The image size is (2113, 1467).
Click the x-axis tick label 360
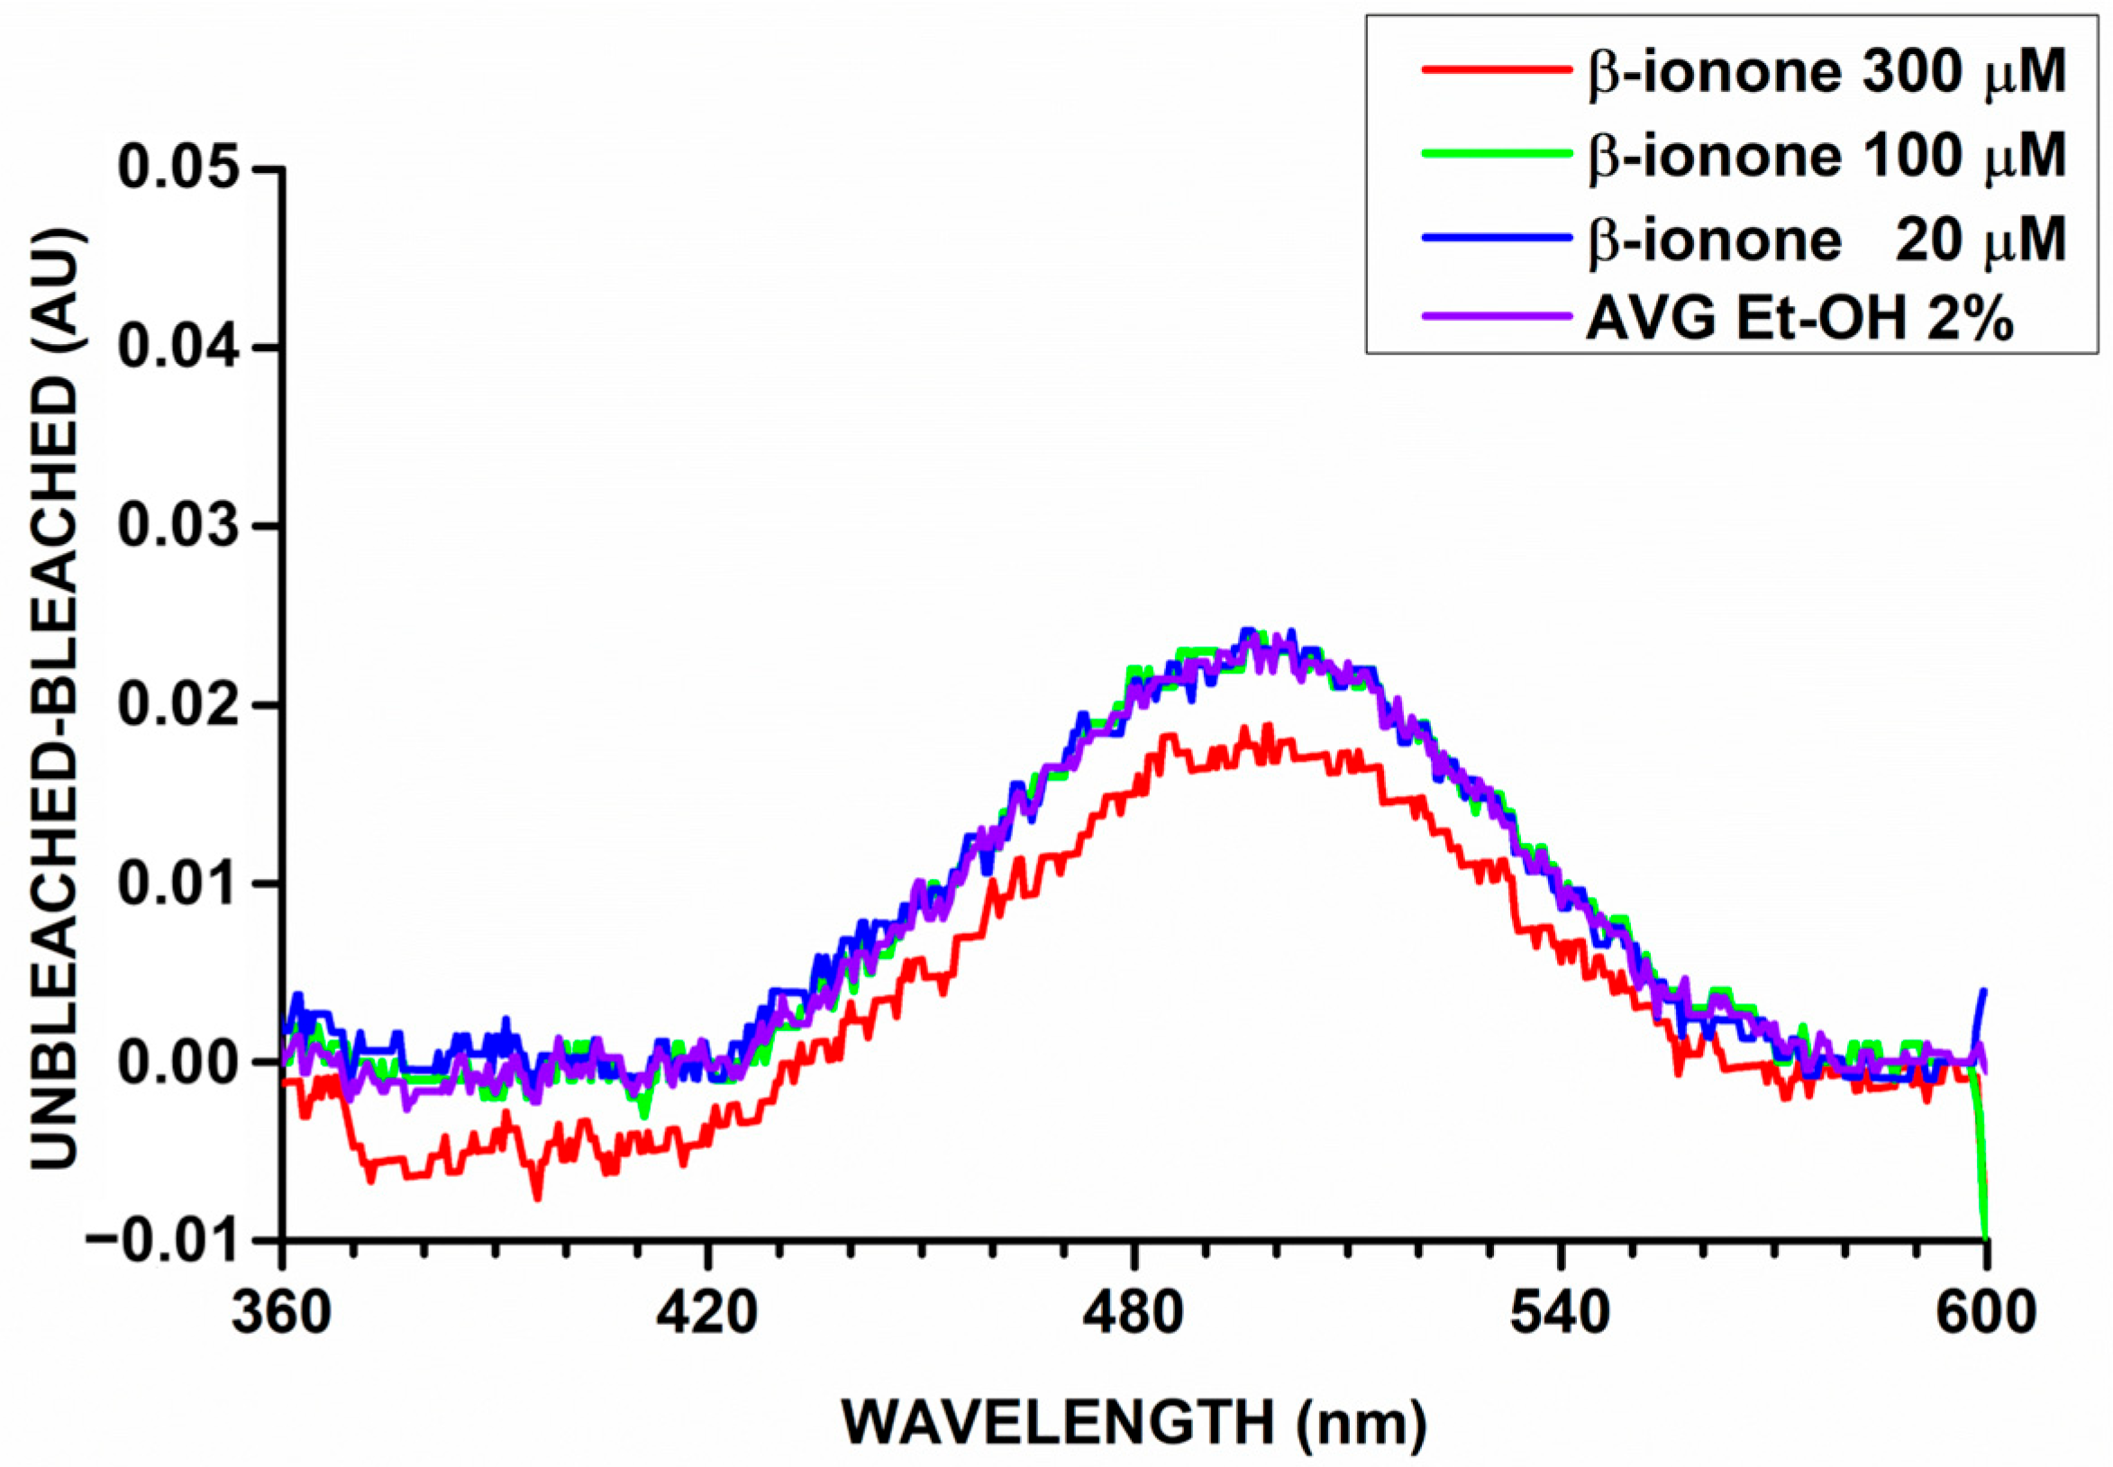(x=281, y=1314)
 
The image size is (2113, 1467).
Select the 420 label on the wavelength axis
(x=706, y=1314)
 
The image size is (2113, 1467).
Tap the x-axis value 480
(x=1134, y=1314)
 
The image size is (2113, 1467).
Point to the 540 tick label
(x=1561, y=1314)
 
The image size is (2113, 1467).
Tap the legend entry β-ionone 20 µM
(x=1826, y=239)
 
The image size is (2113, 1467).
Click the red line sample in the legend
(x=1495, y=70)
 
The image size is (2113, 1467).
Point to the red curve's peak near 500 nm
(x=1268, y=727)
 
